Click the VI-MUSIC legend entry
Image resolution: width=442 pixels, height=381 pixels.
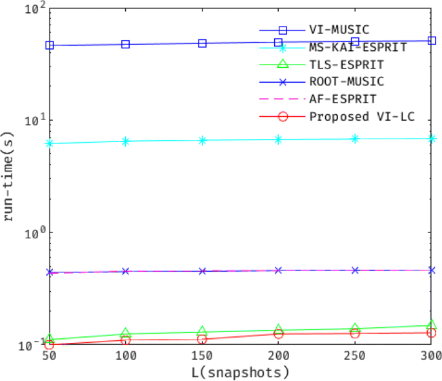click(x=339, y=30)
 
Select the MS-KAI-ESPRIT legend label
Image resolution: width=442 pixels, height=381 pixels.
click(x=357, y=47)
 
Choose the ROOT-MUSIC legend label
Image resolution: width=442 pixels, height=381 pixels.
click(x=346, y=82)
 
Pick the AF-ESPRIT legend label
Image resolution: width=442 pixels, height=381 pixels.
click(x=343, y=99)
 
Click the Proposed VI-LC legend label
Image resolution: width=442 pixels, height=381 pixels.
click(x=361, y=117)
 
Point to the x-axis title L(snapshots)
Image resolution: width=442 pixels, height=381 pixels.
click(x=240, y=373)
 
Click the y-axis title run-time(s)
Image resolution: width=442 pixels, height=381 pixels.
click(x=9, y=175)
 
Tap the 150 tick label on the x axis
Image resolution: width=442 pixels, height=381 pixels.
click(x=202, y=356)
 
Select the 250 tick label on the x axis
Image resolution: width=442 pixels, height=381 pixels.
click(x=355, y=356)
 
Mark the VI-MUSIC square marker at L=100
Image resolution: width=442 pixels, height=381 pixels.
click(x=125, y=45)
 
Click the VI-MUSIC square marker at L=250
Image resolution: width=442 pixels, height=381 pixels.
click(x=355, y=42)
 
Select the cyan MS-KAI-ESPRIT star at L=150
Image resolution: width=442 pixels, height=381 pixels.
click(x=202, y=140)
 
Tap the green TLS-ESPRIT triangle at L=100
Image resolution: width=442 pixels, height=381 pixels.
click(x=125, y=333)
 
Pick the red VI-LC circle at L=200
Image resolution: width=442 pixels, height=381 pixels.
click(x=278, y=334)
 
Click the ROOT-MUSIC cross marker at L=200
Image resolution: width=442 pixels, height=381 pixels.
click(x=278, y=271)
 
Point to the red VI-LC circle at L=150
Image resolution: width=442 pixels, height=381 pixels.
click(x=202, y=340)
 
